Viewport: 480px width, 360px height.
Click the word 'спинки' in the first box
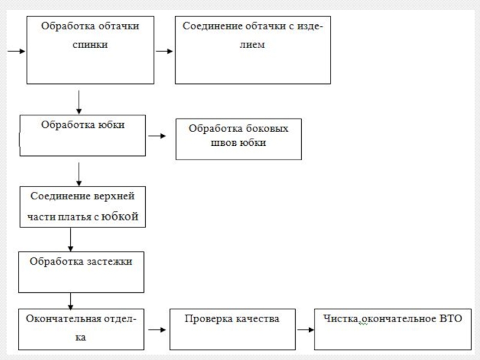tap(90, 44)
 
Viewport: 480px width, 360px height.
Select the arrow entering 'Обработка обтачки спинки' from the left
tap(16, 51)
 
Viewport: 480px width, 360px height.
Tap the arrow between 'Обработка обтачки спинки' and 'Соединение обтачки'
tap(164, 51)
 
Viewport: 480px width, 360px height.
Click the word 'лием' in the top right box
tap(252, 44)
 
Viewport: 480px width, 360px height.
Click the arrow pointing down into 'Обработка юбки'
tap(79, 102)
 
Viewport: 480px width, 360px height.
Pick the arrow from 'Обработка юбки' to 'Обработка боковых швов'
tap(157, 136)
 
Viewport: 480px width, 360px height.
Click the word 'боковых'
tap(267, 128)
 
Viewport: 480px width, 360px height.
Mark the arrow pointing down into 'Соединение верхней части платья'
tap(79, 174)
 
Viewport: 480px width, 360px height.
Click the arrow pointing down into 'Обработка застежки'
tap(71, 239)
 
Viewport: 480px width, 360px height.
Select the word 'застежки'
tap(110, 262)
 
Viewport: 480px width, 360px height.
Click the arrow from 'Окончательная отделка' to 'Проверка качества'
tap(157, 329)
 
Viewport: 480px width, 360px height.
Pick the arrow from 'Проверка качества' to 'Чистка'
tap(306, 329)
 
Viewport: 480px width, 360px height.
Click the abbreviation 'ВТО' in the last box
tap(451, 319)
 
